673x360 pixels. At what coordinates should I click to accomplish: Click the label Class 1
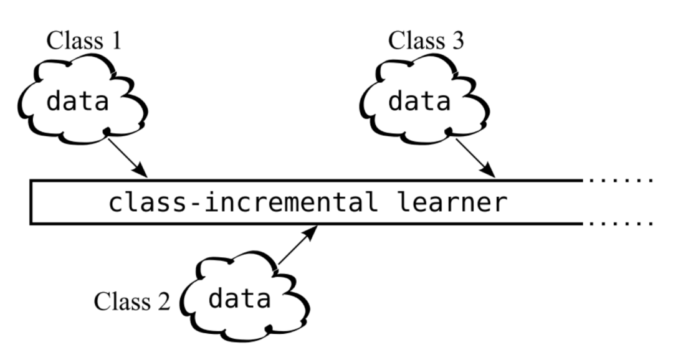tap(84, 42)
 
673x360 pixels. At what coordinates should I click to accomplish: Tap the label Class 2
tap(131, 301)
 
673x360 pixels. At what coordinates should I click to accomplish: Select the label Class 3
tap(426, 41)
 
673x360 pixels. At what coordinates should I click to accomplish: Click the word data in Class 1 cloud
tap(77, 100)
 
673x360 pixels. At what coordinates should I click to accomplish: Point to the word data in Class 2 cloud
tap(239, 299)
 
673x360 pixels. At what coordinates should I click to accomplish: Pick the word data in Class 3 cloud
tap(419, 100)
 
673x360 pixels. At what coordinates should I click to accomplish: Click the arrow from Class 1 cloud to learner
tap(127, 156)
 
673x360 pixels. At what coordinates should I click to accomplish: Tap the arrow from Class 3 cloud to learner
tap(475, 156)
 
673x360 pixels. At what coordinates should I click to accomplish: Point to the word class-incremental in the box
tap(243, 202)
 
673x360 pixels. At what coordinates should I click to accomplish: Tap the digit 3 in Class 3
tap(457, 41)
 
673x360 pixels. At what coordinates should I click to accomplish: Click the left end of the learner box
tap(31, 202)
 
